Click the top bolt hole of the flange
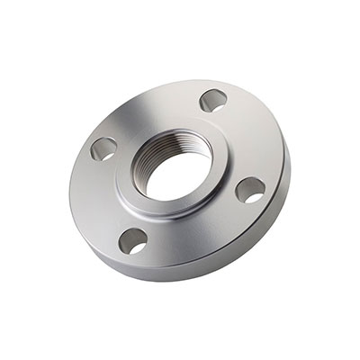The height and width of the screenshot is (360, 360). [212, 99]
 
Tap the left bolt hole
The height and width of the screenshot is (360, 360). [104, 148]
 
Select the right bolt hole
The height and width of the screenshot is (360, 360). [249, 190]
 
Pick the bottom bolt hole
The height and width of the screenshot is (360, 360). [133, 240]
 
